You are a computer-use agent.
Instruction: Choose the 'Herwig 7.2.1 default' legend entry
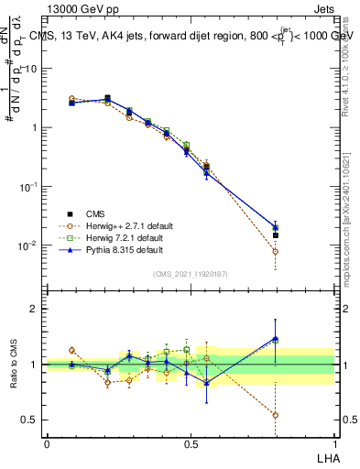(x=122, y=238)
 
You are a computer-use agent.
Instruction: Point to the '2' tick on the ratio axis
(x=33, y=309)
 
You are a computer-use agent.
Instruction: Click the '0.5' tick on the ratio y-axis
(x=28, y=420)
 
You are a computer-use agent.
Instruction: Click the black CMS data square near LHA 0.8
(x=275, y=235)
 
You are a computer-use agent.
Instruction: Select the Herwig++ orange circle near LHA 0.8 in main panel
(x=275, y=251)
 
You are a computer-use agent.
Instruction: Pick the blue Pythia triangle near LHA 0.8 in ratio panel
(x=275, y=338)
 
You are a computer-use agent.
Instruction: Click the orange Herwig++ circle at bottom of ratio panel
(x=275, y=415)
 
